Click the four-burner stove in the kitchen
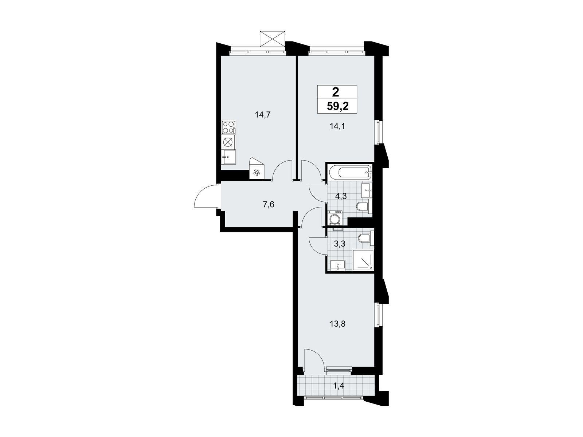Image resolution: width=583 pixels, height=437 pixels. pos(43,127)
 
